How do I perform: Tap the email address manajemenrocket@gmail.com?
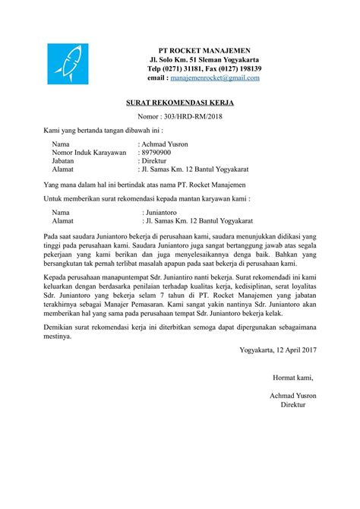point(214,77)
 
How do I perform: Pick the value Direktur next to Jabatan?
point(157,161)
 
